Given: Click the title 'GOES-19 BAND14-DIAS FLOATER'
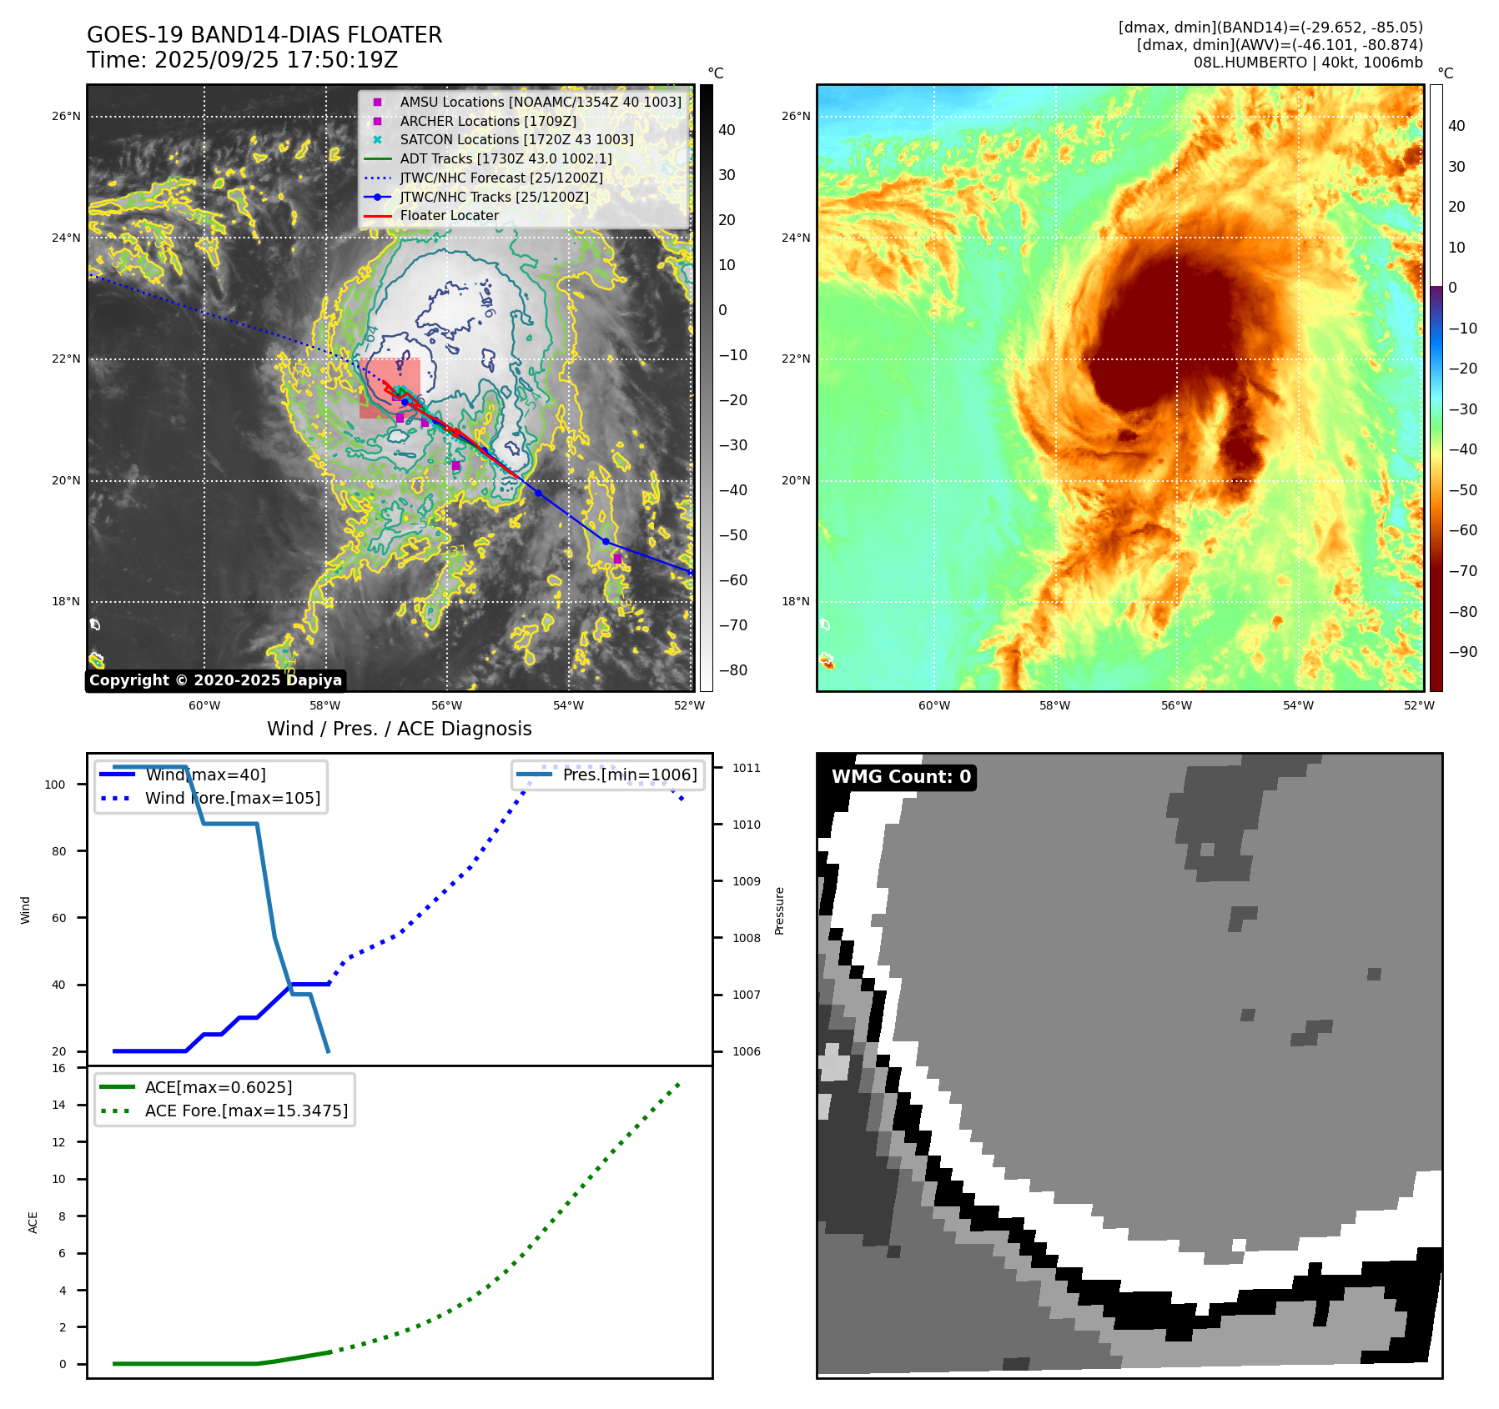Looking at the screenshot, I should (264, 35).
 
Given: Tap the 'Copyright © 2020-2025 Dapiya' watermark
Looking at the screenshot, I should (215, 680).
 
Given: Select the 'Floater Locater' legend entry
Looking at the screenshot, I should (449, 216).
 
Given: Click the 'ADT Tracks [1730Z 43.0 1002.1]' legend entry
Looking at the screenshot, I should (506, 158).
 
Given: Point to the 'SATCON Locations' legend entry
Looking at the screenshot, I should (516, 140).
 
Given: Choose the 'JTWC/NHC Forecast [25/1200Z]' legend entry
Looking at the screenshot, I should (501, 178).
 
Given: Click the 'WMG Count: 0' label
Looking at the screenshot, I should (901, 777).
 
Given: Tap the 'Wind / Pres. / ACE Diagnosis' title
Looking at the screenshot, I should (399, 729).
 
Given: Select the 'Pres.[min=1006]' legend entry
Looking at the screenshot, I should (630, 775).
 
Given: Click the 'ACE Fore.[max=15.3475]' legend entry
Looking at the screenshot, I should (246, 1111).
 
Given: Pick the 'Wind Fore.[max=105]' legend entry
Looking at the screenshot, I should (233, 798).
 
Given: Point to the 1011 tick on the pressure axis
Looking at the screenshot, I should (747, 768).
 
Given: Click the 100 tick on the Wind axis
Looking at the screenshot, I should (55, 785).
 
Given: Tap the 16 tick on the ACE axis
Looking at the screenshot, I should (58, 1068).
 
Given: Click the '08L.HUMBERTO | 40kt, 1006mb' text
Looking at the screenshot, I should (1307, 63).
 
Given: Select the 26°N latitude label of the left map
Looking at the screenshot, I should (66, 116).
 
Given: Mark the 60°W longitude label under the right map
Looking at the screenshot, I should (933, 705).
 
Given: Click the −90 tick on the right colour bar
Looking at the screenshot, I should (1462, 652).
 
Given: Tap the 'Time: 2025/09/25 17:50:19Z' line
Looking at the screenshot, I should (242, 60).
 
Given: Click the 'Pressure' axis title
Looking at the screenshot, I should (780, 910).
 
